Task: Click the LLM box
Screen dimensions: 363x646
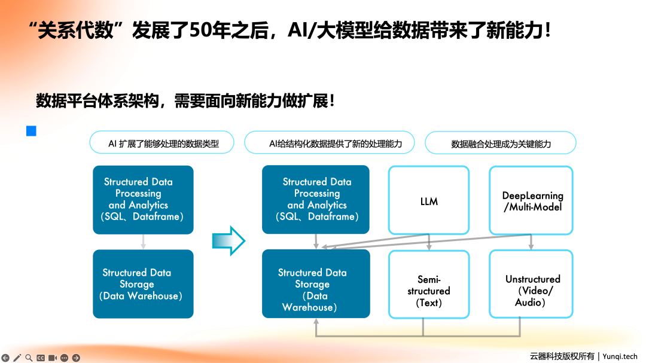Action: point(428,200)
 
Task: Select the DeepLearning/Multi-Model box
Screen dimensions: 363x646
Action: point(531,200)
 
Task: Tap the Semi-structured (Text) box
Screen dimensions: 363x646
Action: point(428,284)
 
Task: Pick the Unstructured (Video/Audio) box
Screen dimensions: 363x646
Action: point(531,284)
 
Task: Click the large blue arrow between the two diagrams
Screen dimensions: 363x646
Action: point(229,240)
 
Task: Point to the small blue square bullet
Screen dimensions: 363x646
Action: point(31,131)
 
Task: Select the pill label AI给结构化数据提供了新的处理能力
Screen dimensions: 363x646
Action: point(330,144)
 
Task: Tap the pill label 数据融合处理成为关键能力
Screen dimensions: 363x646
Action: point(501,144)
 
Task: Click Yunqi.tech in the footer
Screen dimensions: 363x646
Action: point(623,356)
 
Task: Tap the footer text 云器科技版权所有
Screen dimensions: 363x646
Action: point(562,356)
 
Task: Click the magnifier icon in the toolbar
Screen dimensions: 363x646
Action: point(29,358)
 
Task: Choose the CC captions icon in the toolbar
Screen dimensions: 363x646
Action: point(41,358)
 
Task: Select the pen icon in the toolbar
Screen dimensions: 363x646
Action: point(17,358)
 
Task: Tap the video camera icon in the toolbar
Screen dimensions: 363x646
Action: point(52,358)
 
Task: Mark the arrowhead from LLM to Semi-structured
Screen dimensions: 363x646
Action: point(429,247)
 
